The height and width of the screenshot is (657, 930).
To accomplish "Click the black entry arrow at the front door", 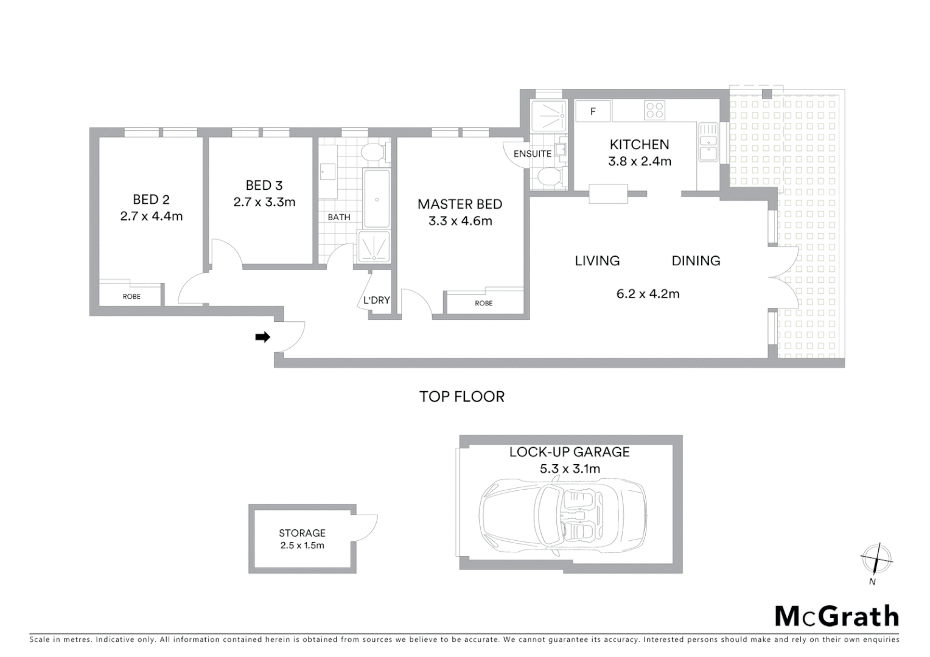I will pyautogui.click(x=262, y=337).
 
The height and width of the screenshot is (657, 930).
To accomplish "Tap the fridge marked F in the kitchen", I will pyautogui.click(x=593, y=111).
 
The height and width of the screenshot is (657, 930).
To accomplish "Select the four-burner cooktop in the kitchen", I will pyautogui.click(x=655, y=111).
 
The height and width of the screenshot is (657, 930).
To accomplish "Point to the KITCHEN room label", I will pyautogui.click(x=639, y=145).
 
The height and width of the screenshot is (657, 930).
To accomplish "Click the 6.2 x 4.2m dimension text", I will pyautogui.click(x=648, y=294).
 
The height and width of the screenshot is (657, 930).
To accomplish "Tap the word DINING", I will pyautogui.click(x=696, y=261).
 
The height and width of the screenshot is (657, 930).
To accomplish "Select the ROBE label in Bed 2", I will pyautogui.click(x=131, y=297).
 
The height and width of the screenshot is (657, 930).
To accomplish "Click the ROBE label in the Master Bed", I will pyautogui.click(x=484, y=303).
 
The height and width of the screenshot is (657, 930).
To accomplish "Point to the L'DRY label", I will pyautogui.click(x=376, y=300).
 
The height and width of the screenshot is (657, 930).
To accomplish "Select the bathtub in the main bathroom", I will pyautogui.click(x=377, y=199).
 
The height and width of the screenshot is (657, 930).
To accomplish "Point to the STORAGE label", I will pyautogui.click(x=302, y=533).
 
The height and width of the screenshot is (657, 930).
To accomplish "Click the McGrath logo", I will pyautogui.click(x=836, y=616).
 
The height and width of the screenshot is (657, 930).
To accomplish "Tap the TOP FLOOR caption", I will pyautogui.click(x=462, y=397).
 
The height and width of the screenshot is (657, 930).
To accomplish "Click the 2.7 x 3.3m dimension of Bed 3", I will pyautogui.click(x=264, y=202).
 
